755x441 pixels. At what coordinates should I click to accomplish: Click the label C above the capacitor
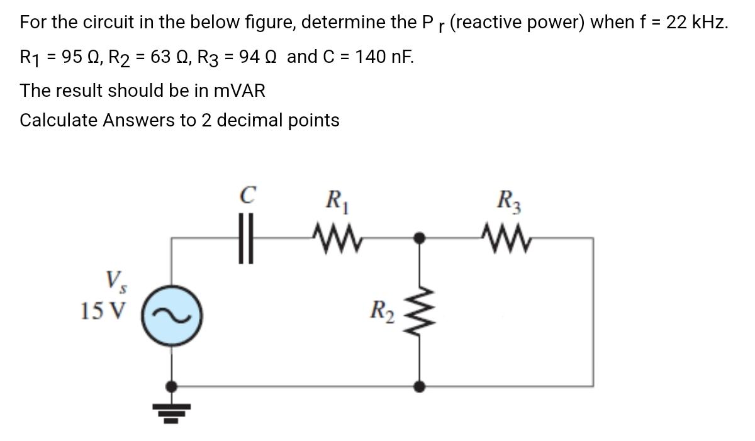point(248,196)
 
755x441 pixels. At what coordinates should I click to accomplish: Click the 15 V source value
point(103,310)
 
